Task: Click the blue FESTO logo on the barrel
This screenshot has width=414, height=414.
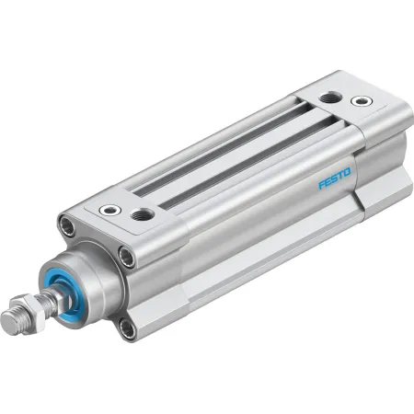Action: point(334,178)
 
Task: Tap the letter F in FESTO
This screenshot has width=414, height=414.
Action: point(322,184)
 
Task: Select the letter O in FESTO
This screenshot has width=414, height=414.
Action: point(347,172)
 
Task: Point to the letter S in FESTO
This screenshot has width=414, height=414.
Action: point(334,178)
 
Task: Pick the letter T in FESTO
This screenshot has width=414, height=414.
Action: point(340,176)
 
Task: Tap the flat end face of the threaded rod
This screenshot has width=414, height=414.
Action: point(8,323)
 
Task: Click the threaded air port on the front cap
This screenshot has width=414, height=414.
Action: point(142,214)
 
